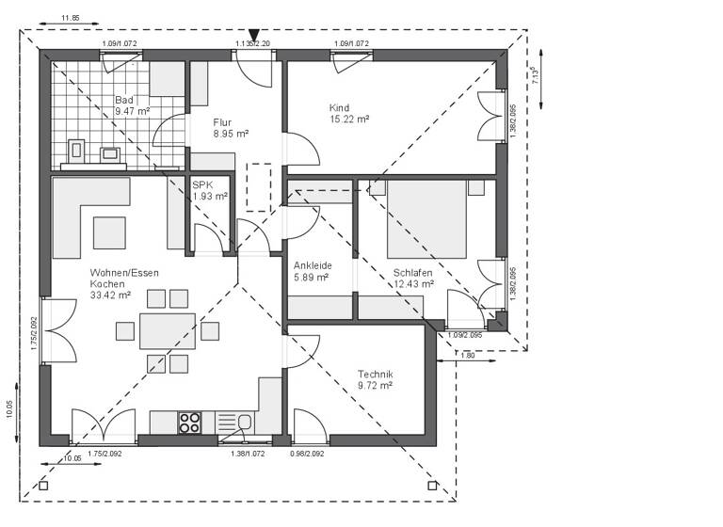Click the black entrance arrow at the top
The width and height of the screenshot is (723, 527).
pos(253,36)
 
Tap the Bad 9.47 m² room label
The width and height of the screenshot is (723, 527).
pos(132,105)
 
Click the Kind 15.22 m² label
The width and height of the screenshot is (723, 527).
pos(348,114)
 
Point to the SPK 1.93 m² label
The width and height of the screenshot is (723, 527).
pos(210,190)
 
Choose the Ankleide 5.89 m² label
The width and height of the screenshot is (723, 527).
pos(312,271)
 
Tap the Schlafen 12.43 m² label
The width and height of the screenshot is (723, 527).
pos(413,278)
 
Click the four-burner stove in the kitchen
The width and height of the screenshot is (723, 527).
pos(189,423)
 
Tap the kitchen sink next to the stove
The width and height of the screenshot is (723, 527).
pos(244,423)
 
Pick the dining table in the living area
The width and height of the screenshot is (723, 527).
pos(168,331)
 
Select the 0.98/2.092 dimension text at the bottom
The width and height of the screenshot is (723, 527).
pos(307,455)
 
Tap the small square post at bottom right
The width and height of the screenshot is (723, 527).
pos(432,486)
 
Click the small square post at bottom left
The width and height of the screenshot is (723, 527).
pos(43,486)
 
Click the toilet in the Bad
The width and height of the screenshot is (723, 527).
pos(76,151)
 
